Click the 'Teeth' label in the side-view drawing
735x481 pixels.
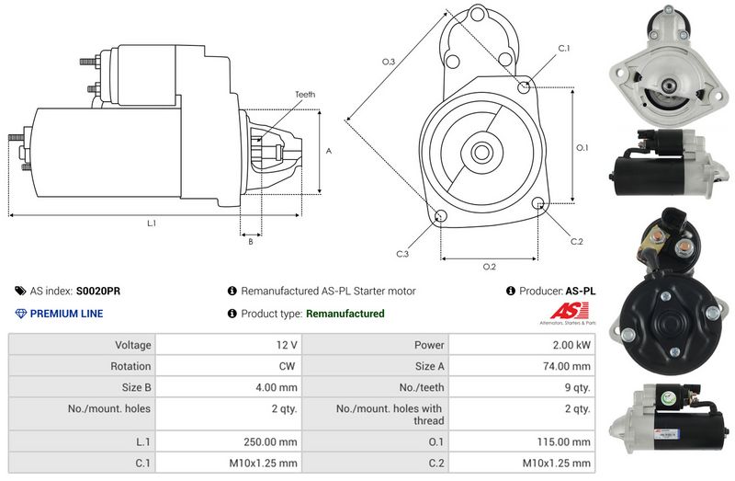tap(305, 95)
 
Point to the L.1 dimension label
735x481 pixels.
tap(152, 223)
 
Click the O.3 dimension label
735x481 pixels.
tap(389, 62)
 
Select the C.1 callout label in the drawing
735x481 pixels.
tap(564, 48)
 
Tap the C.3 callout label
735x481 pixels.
tap(402, 253)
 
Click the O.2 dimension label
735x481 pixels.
tap(490, 267)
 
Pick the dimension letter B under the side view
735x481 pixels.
tap(250, 242)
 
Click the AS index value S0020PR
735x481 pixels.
tap(98, 291)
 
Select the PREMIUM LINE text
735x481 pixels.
tap(66, 314)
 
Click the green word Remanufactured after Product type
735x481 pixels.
tap(345, 314)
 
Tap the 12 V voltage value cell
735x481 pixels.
tap(287, 345)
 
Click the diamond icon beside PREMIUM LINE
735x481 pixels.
tap(20, 314)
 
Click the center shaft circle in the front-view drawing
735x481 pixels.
tap(481, 151)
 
